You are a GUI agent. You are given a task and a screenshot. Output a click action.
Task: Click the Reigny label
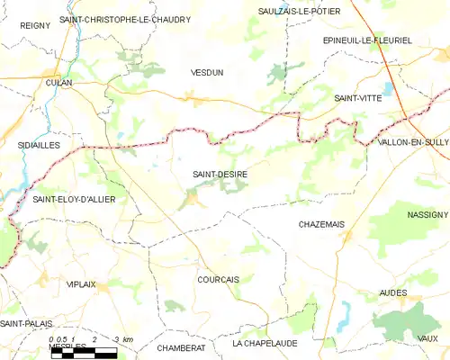(35, 26)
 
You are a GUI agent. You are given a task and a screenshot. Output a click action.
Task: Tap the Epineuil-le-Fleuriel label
(366, 40)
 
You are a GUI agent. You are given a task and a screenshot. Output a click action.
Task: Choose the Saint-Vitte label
(357, 97)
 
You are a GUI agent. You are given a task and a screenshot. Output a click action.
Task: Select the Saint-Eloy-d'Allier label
(75, 200)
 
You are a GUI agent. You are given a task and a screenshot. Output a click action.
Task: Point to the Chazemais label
(321, 224)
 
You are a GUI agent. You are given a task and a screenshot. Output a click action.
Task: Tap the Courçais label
(218, 280)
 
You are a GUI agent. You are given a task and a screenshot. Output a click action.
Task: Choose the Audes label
(393, 293)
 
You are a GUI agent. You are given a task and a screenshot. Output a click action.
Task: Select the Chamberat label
(181, 347)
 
